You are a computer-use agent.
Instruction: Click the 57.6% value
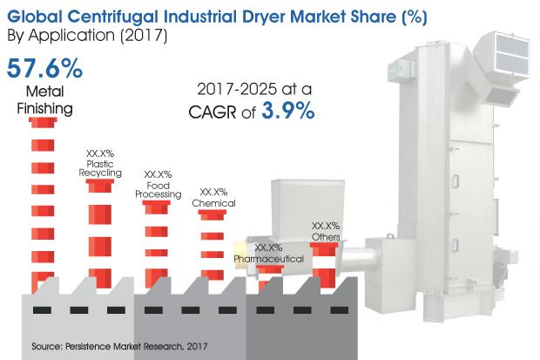point(44,68)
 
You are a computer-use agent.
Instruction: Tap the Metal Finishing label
point(44,100)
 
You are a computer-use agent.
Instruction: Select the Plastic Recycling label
point(100,168)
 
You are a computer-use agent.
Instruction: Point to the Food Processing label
point(158,190)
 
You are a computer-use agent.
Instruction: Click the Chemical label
point(214,203)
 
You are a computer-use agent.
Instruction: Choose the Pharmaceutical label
point(268,259)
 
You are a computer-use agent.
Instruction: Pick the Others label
point(326,237)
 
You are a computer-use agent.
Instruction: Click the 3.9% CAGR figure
point(288,111)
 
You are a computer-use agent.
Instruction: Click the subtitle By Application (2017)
point(87,36)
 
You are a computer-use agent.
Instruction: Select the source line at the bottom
point(119,346)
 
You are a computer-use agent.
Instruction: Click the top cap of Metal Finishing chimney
point(43,122)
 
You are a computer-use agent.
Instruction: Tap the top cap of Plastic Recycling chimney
point(100,186)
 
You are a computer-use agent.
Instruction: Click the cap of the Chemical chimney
point(213,214)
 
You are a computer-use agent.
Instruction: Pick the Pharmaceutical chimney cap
point(270,269)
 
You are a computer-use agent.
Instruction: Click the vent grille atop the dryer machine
point(512,54)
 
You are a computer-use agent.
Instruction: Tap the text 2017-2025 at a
point(254,90)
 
